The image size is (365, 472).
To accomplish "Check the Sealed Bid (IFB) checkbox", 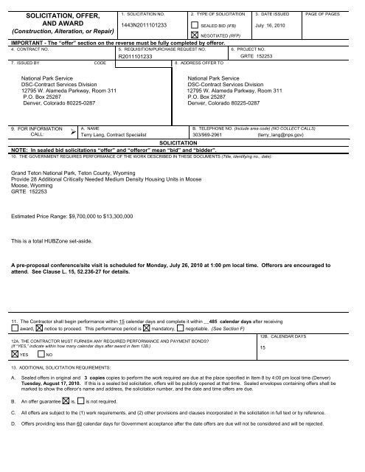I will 194,24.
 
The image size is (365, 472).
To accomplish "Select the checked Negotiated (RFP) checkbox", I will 194,35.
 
